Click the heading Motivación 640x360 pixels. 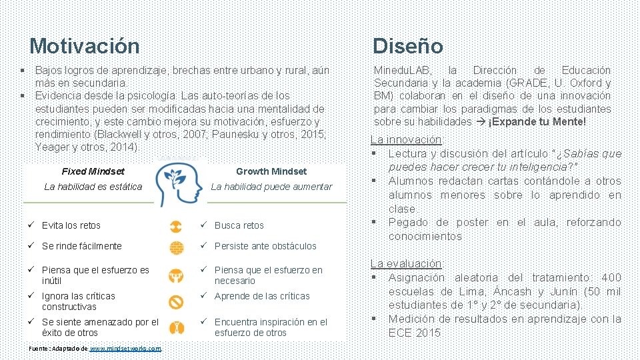pyautogui.click(x=85, y=46)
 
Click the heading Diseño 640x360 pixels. pyautogui.click(x=407, y=46)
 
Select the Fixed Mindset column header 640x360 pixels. pyautogui.click(x=93, y=171)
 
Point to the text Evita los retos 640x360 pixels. pyautogui.click(x=71, y=225)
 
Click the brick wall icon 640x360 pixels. pyautogui.click(x=176, y=246)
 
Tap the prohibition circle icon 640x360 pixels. pyautogui.click(x=176, y=302)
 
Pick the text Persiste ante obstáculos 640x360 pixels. pyautogui.click(x=265, y=246)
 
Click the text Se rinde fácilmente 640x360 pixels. pyautogui.click(x=81, y=246)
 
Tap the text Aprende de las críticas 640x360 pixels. pyautogui.click(x=262, y=296)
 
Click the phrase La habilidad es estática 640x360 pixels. pyautogui.click(x=93, y=187)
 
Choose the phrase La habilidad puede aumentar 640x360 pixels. pyautogui.click(x=271, y=187)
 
